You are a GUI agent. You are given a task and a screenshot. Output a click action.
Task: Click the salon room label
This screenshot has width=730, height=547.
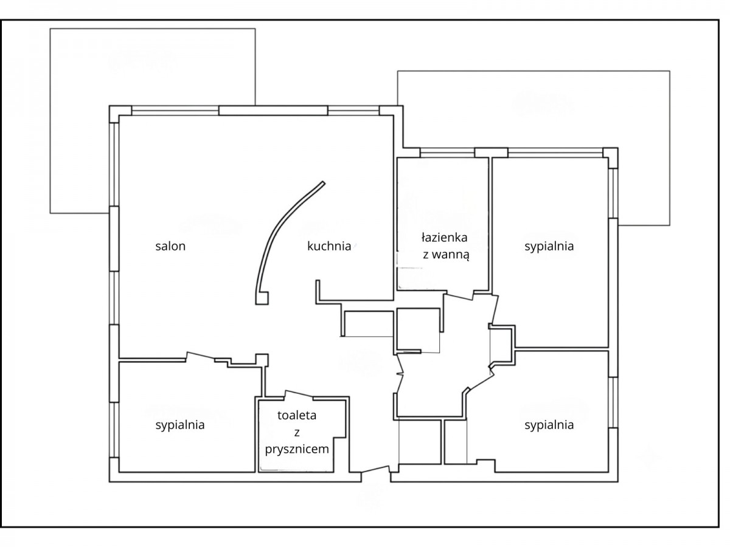(x=170, y=246)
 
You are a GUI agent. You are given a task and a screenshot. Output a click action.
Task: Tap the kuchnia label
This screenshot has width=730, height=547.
(x=329, y=246)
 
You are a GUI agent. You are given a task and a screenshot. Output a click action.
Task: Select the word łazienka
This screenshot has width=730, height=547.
(x=444, y=238)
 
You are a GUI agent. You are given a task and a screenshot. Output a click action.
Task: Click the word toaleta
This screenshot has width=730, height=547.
(x=297, y=415)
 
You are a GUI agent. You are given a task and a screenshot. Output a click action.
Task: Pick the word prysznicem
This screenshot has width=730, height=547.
(x=297, y=450)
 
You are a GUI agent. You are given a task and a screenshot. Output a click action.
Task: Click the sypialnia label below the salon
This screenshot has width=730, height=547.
(x=180, y=425)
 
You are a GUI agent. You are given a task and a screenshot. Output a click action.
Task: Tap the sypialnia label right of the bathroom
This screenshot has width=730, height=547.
(x=549, y=246)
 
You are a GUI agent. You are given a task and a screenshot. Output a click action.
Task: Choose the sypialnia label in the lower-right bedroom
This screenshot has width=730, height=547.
(x=549, y=425)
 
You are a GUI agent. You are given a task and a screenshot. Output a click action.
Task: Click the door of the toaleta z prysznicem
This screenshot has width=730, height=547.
(x=298, y=394)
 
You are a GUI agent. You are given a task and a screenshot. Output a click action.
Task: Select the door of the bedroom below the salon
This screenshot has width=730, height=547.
(x=200, y=355)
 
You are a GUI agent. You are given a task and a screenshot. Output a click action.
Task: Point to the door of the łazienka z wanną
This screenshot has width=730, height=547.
(x=459, y=297)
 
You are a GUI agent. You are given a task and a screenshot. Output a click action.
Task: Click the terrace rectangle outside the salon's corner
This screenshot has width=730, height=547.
(x=152, y=120)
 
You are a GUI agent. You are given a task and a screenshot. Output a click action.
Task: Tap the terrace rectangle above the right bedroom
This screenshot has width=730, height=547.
(x=534, y=148)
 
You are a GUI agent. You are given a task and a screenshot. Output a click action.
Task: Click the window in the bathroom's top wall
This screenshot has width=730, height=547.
(x=447, y=153)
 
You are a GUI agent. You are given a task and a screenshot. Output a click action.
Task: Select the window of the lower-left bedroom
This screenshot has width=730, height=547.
(x=114, y=430)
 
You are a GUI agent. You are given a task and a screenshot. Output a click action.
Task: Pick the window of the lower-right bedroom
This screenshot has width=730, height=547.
(x=613, y=402)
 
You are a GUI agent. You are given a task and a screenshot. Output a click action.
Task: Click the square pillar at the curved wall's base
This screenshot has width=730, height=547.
(x=263, y=298)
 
